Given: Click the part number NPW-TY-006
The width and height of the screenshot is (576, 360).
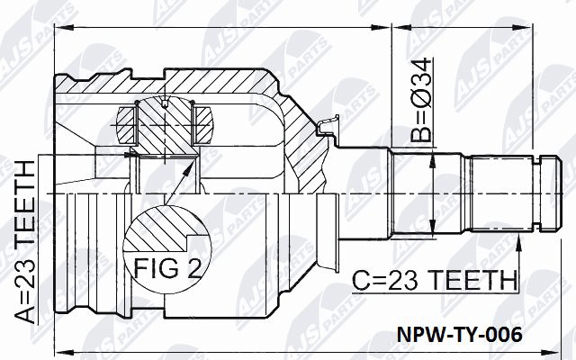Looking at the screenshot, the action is (x=459, y=335).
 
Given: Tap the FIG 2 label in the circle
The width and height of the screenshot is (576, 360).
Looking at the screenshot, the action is (x=168, y=267).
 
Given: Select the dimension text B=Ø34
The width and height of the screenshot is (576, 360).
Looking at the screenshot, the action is (x=421, y=100).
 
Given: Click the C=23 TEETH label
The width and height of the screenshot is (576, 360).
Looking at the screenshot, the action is (x=435, y=280).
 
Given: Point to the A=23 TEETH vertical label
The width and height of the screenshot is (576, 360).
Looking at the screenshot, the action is (x=25, y=242).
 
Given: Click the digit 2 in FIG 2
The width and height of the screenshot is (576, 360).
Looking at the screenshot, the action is (x=193, y=267).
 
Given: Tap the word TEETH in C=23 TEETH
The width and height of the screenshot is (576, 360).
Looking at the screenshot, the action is (x=472, y=280).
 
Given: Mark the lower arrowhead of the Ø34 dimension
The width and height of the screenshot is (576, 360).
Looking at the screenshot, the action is (x=434, y=227).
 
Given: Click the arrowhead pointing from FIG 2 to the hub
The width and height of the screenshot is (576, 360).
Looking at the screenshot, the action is (x=190, y=167).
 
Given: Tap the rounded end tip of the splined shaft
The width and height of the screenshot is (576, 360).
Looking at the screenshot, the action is (x=561, y=193).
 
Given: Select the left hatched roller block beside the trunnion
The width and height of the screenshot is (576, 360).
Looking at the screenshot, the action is (x=126, y=125).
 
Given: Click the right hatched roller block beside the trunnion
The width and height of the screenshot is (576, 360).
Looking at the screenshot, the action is (x=203, y=125).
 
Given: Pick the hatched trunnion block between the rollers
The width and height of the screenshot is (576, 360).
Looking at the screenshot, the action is (x=166, y=127).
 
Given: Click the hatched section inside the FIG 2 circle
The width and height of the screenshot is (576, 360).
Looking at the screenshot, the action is (x=158, y=229).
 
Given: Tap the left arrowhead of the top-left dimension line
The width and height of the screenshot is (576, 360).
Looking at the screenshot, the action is (x=63, y=27).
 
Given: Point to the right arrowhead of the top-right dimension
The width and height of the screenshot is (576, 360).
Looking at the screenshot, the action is (x=522, y=27).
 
